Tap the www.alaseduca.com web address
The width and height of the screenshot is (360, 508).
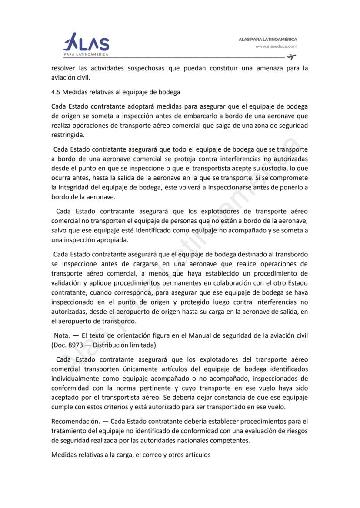point(276,46)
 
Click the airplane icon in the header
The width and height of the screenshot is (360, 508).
point(291,57)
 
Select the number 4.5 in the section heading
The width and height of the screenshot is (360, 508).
point(56,92)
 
